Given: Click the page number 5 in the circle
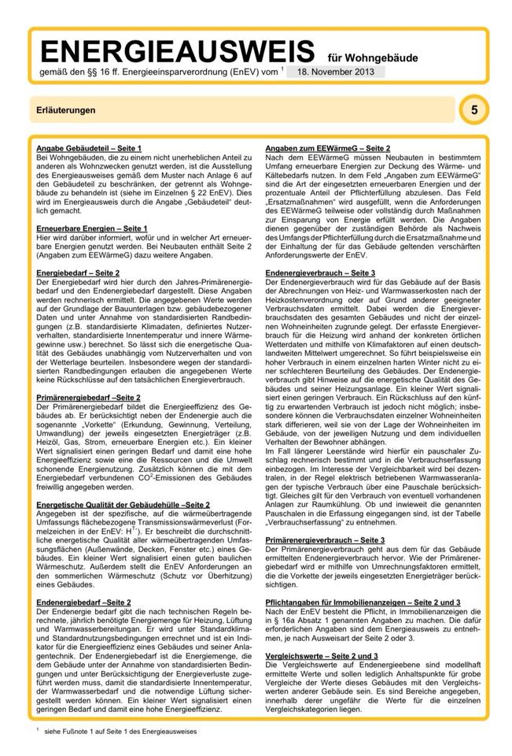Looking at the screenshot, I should pyautogui.click(x=473, y=110).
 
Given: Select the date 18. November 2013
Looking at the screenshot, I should pyautogui.click(x=336, y=72).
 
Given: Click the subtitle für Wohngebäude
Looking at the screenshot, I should pyautogui.click(x=373, y=57).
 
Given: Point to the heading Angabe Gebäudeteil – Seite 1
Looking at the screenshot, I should pyautogui.click(x=89, y=148).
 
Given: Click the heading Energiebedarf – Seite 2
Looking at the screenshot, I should pyautogui.click(x=78, y=272).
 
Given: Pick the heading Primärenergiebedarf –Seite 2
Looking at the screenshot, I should pyautogui.click(x=89, y=398).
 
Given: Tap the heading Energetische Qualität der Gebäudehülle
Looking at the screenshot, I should pyautogui.click(x=123, y=504).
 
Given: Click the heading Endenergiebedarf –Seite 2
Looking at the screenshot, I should pyautogui.click(x=83, y=602).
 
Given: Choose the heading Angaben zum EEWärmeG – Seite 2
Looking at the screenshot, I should pyautogui.click(x=328, y=148).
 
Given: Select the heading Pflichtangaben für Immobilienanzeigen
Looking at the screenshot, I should pyautogui.click(x=363, y=602).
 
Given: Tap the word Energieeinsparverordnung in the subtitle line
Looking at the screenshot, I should pyautogui.click(x=173, y=72).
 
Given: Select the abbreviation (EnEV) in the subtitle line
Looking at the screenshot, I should pyautogui.click(x=234, y=72).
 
